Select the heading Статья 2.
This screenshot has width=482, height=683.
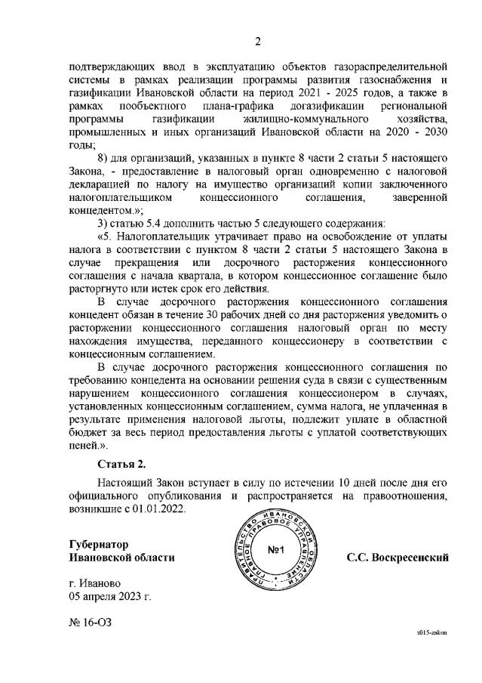coord(121,462)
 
